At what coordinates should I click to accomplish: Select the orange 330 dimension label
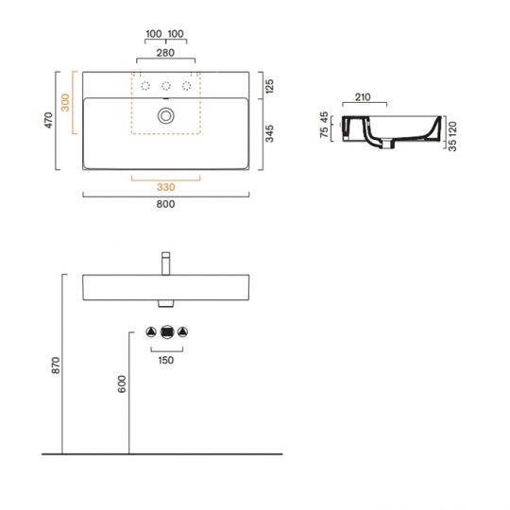(166, 185)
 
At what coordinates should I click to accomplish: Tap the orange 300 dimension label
(65, 103)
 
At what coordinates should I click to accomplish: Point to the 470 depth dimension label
(50, 122)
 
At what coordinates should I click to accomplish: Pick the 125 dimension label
(270, 87)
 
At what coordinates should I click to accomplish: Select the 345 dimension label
(270, 134)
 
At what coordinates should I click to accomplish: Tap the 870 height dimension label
(55, 365)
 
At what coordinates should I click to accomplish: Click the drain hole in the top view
(166, 115)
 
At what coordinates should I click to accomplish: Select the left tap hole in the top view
(145, 86)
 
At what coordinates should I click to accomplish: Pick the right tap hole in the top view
(187, 86)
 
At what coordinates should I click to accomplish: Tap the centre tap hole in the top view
(166, 86)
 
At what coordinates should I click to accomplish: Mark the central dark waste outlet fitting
(167, 332)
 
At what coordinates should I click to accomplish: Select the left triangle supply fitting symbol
(151, 332)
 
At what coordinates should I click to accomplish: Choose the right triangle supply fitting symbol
(183, 332)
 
